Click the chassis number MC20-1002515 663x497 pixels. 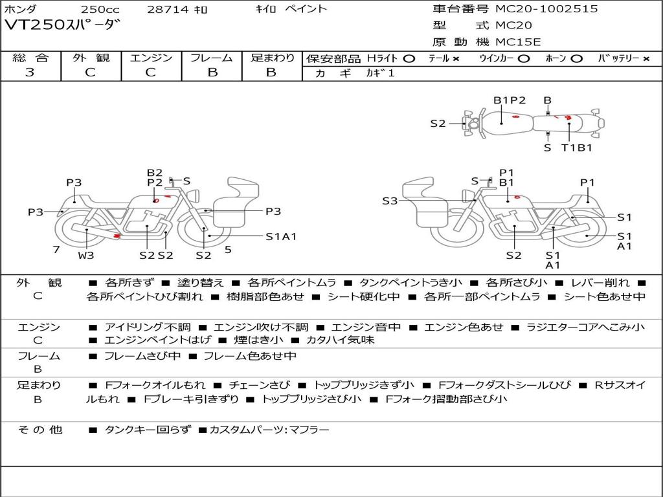[x=546, y=9]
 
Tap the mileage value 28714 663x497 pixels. [x=167, y=10]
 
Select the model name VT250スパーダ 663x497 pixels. [x=63, y=26]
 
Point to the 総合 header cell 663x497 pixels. [x=30, y=58]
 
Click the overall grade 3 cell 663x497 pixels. [x=30, y=72]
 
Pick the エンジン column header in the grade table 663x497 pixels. [x=151, y=58]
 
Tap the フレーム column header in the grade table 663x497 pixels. [x=212, y=58]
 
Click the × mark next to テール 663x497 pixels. [x=456, y=58]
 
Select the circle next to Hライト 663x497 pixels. [x=409, y=58]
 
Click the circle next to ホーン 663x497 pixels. [x=576, y=58]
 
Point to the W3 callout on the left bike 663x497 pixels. [x=86, y=255]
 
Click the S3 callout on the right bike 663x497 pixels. [x=390, y=201]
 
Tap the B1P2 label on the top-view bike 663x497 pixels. [x=510, y=100]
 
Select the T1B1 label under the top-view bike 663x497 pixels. [x=576, y=148]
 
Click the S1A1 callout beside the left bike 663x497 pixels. [x=281, y=236]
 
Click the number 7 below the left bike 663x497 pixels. [x=56, y=249]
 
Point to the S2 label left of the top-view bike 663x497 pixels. [x=438, y=123]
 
